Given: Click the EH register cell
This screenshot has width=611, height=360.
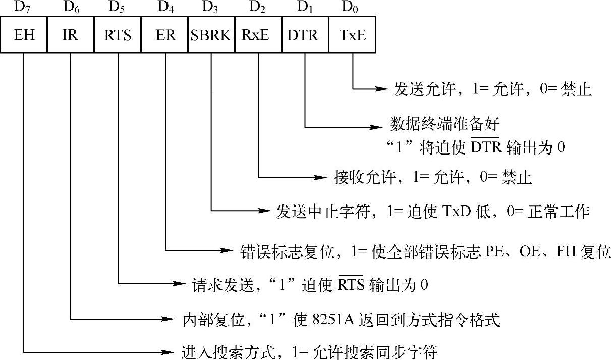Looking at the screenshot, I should tap(24, 35).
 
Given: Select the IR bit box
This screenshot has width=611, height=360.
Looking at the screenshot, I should tap(71, 35).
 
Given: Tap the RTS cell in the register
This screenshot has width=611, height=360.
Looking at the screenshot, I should tap(118, 35).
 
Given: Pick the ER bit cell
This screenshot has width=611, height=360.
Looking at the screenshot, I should tap(164, 35).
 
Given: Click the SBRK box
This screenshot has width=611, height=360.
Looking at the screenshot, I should tap(211, 35).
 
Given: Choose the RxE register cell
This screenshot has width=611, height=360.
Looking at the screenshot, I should tap(258, 35).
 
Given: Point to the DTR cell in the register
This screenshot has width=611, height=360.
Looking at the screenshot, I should tap(305, 35).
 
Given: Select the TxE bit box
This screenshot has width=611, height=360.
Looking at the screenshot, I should tap(352, 35).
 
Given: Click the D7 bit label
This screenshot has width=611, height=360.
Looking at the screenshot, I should tap(24, 7).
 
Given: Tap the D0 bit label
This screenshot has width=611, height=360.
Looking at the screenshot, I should tap(352, 7).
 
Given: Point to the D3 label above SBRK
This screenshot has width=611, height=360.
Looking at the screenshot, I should tap(211, 7).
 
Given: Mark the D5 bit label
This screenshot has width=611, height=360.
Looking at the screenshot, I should tap(118, 7).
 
